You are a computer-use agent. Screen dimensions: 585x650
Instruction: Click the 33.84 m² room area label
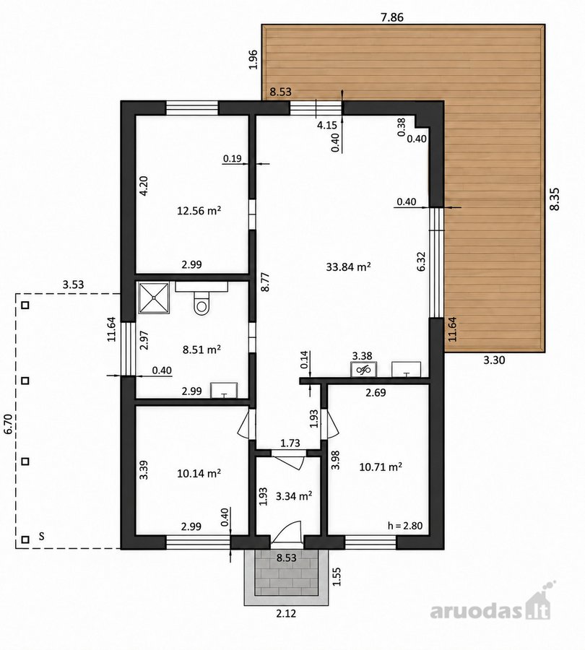(348, 266)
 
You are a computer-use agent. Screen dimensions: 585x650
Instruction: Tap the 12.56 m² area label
(199, 211)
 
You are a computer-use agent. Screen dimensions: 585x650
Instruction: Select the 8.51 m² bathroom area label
(201, 350)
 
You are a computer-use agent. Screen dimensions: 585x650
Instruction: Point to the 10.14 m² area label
(199, 473)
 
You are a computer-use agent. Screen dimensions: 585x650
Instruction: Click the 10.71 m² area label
(381, 467)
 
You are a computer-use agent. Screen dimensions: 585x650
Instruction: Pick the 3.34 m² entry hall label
(294, 495)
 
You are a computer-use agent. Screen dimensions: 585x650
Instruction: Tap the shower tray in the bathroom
(153, 298)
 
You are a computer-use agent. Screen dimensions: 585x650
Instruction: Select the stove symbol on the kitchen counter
(363, 369)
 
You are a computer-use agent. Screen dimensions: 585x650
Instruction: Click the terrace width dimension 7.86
(391, 17)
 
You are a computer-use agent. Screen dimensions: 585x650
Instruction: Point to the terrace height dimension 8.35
(555, 199)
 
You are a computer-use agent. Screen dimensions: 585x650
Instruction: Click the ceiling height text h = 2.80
(405, 526)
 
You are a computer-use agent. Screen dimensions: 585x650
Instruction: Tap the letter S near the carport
(41, 536)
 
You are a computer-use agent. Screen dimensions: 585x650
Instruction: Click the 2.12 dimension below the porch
(286, 612)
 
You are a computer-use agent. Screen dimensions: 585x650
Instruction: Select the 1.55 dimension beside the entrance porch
(337, 576)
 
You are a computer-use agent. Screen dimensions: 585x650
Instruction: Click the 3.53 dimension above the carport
(73, 285)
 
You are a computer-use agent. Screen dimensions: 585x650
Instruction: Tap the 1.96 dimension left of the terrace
(253, 60)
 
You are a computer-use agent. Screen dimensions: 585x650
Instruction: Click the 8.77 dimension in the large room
(265, 282)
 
